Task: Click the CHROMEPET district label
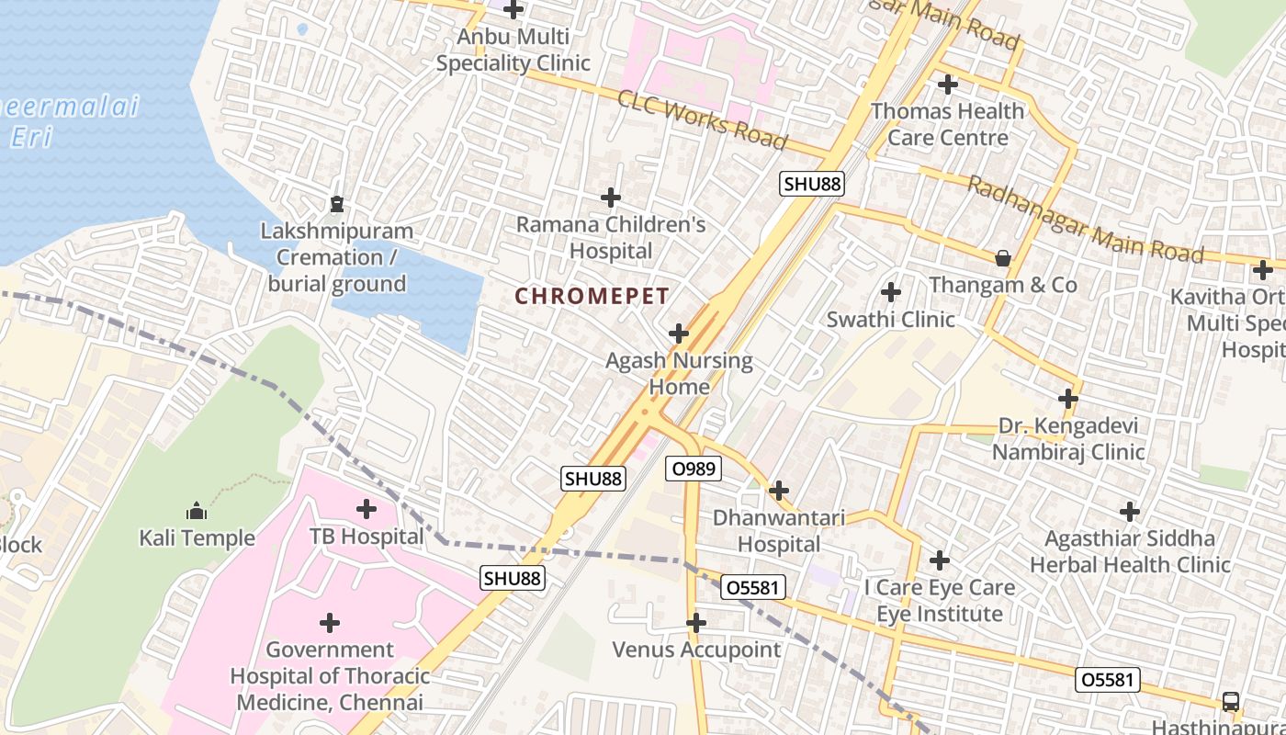(592, 296)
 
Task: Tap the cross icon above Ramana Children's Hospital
(611, 198)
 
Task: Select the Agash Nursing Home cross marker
(679, 333)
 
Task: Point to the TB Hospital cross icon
(367, 508)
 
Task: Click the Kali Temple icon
(197, 511)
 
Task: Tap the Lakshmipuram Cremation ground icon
(336, 203)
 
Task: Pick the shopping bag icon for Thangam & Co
(1003, 258)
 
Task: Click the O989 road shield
(694, 469)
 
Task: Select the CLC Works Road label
(703, 119)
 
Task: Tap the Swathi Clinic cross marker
(890, 293)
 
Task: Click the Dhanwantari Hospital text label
(779, 531)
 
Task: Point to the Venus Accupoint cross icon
(696, 623)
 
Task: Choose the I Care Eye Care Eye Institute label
(940, 601)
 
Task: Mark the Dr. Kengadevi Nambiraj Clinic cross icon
(1067, 399)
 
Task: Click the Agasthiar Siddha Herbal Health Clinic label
(1129, 551)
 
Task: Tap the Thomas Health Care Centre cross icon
(947, 85)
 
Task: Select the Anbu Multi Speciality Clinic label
(513, 51)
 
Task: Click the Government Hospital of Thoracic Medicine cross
(330, 623)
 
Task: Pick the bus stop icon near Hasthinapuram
(1230, 701)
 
